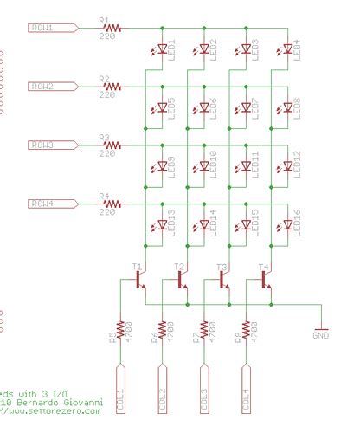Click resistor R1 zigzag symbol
tap(112, 28)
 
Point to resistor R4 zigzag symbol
tap(112, 204)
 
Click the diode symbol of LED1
tap(162, 49)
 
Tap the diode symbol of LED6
tap(203, 108)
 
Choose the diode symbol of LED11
tap(246, 167)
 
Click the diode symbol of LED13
tap(162, 226)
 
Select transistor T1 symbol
tap(140, 280)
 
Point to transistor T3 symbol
tap(224, 280)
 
